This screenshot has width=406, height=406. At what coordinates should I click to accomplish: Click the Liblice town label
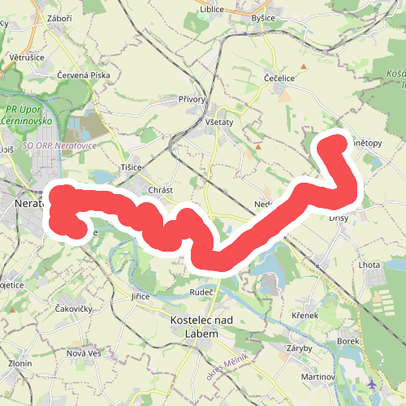pyautogui.click(x=210, y=10)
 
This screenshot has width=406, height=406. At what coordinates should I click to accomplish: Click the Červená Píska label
pyautogui.click(x=83, y=75)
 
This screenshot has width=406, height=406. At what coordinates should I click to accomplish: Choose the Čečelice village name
pyautogui.click(x=279, y=79)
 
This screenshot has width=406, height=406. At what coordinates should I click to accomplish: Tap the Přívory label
pyautogui.click(x=193, y=99)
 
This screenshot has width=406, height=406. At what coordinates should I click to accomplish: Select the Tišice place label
pyautogui.click(x=132, y=167)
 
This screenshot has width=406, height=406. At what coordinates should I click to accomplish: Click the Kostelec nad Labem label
pyautogui.click(x=201, y=326)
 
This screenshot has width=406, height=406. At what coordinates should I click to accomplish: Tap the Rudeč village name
pyautogui.click(x=201, y=292)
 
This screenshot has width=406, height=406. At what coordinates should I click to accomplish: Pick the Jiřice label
pyautogui.click(x=140, y=297)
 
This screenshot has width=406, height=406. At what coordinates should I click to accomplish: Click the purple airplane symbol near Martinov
pyautogui.click(x=371, y=383)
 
